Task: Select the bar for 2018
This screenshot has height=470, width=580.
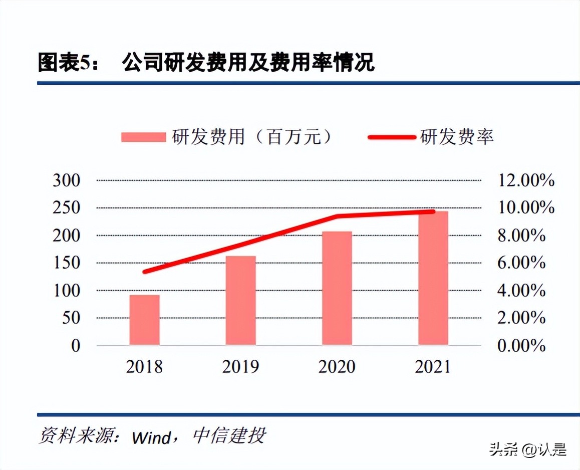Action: [x=144, y=320]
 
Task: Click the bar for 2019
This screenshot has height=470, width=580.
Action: [x=240, y=301]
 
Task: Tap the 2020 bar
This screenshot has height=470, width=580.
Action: [x=337, y=288]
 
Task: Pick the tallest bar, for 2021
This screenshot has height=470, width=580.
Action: [x=433, y=278]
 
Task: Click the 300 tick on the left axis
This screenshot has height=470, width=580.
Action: [x=67, y=180]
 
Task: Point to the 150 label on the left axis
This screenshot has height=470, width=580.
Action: [x=67, y=263]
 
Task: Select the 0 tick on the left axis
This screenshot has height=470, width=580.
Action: [x=76, y=345]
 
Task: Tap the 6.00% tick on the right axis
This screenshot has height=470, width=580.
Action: [x=521, y=263]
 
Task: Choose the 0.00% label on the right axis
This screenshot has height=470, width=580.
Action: [x=521, y=345]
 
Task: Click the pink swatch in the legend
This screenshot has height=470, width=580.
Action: [x=143, y=137]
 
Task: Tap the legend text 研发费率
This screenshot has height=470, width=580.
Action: [x=457, y=137]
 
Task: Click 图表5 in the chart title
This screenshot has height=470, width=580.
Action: [x=64, y=64]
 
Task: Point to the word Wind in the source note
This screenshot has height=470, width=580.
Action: [x=151, y=437]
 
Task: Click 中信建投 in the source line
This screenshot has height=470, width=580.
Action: [x=228, y=436]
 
